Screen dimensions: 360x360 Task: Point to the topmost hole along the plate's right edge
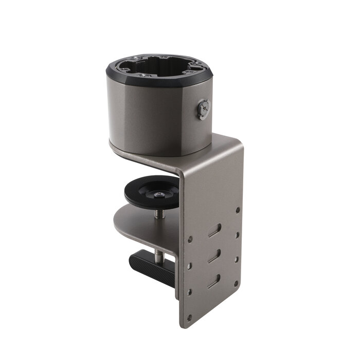coord(237,210)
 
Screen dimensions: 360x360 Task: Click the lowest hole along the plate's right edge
coord(236,283)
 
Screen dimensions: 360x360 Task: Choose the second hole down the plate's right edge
coord(237,234)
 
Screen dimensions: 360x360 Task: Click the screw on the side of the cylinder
coord(204,110)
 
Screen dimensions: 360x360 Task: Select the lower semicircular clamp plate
coord(144,226)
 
